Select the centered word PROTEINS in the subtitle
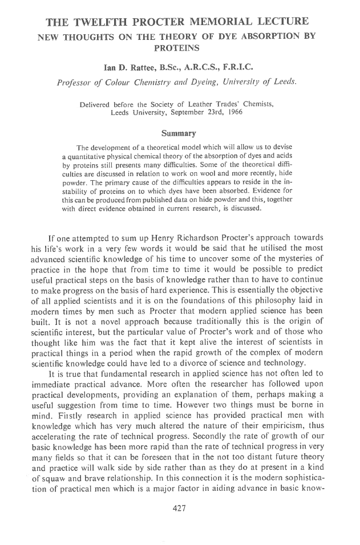point(180,48)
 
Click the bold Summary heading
point(179,133)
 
